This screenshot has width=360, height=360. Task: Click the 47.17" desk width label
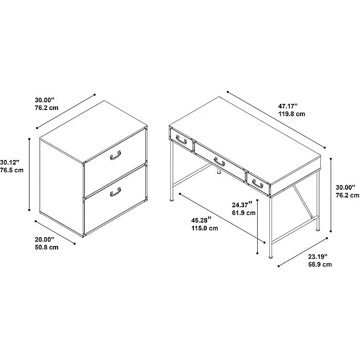[x=289, y=106]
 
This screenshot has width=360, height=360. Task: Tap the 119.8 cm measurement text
[x=292, y=114]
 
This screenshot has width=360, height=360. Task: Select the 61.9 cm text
[x=244, y=213]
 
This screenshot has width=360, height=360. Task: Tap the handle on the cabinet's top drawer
[x=115, y=156]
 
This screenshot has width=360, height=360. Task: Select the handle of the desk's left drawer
[x=181, y=139]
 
